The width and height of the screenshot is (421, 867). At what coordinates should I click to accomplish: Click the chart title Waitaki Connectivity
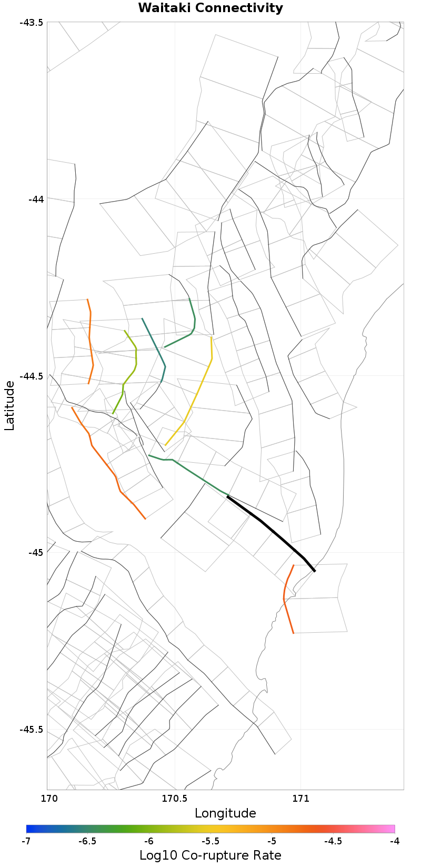[210, 8]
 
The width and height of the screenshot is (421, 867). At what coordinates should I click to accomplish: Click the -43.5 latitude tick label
[32, 22]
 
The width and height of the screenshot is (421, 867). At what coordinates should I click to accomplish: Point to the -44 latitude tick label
[36, 199]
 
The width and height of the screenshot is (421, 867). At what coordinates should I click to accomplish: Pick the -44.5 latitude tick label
[32, 376]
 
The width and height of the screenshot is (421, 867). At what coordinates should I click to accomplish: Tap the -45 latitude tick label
[36, 553]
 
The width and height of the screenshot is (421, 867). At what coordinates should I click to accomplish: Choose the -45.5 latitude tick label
[32, 730]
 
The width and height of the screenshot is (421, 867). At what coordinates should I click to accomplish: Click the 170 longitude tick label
[47, 798]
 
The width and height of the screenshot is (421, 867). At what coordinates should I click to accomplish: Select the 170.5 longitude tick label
[174, 798]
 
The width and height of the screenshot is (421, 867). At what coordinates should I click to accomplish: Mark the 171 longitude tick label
[300, 798]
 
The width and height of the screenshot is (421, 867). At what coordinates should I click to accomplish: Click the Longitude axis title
[225, 813]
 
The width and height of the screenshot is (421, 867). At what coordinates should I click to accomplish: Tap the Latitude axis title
[9, 406]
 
